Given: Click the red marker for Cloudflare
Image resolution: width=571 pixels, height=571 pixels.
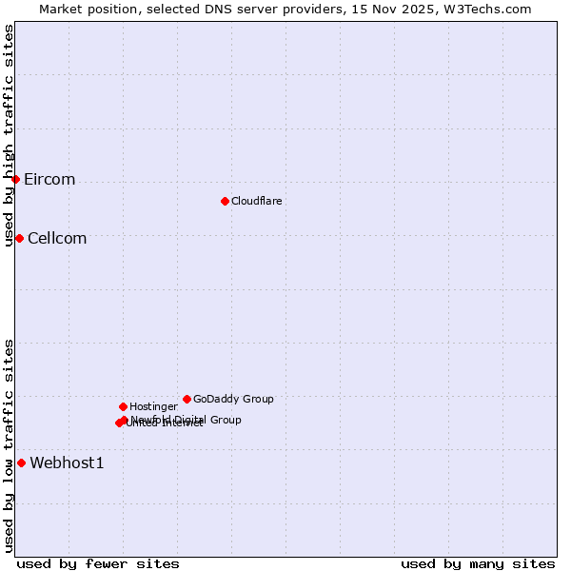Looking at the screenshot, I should point(225,201).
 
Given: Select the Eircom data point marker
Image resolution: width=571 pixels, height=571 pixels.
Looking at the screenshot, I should point(15,179).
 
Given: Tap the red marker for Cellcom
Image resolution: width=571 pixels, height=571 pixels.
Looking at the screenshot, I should point(19,238).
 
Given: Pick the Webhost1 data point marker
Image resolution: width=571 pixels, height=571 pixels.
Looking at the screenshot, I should point(21,463).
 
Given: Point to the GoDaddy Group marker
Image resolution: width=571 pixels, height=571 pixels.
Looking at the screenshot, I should point(187,399).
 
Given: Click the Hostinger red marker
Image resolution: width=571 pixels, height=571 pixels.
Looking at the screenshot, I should point(123,406).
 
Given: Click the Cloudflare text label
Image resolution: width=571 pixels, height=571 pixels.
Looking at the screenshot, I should point(257,202).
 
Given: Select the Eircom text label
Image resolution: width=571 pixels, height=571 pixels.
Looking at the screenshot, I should point(49,180).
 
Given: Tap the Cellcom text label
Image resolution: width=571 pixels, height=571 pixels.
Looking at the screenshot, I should point(57,239).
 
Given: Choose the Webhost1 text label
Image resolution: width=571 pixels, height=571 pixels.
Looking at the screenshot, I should point(67,463).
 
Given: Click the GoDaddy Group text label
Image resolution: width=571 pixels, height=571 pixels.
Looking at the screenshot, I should point(233,400).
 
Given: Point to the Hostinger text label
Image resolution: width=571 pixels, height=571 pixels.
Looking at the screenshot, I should point(153,407).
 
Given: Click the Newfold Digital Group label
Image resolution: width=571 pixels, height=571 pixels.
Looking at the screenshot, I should point(187,420).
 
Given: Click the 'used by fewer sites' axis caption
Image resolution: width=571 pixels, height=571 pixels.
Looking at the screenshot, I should point(98,563).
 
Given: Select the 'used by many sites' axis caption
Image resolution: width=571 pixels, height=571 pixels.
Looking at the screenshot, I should point(478,563).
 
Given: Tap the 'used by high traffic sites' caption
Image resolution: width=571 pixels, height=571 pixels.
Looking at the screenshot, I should point(10,135).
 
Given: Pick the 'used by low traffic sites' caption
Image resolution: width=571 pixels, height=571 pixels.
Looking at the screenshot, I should point(10,444).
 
